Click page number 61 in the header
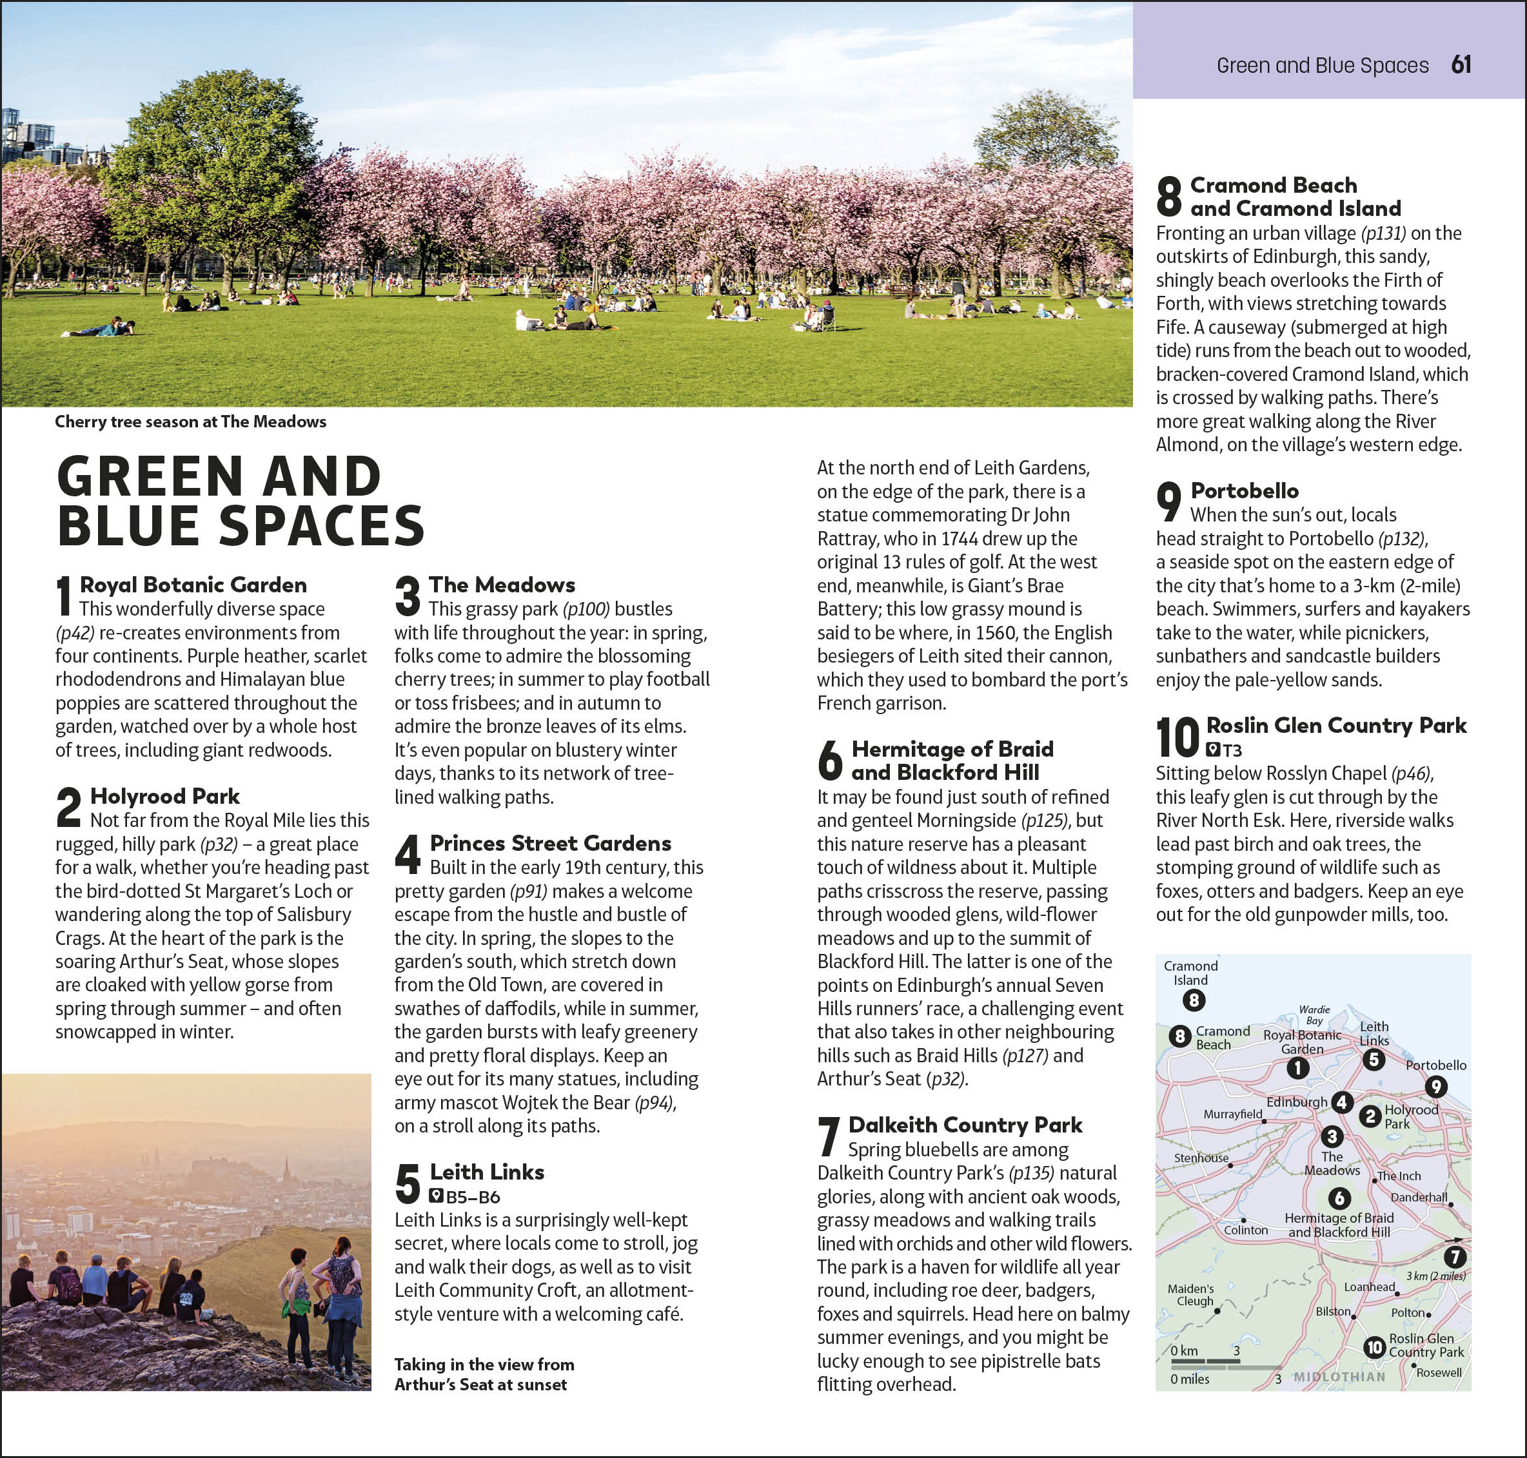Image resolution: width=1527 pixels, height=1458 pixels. click(1461, 64)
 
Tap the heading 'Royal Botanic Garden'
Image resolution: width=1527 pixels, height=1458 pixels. click(193, 585)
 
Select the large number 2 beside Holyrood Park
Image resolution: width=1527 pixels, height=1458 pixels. click(68, 807)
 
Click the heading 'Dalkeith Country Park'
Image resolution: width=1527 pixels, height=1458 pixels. click(965, 1125)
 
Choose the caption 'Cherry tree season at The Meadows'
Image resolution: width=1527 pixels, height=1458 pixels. click(190, 422)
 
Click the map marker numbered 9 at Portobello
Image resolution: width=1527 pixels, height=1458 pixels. click(1435, 1087)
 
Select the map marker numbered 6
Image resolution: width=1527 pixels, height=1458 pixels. click(1339, 1198)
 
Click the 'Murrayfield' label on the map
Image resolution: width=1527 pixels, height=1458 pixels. click(1232, 1114)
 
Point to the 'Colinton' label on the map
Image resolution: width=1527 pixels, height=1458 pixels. click(1246, 1230)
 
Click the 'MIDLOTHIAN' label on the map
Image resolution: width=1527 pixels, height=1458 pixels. click(1339, 1376)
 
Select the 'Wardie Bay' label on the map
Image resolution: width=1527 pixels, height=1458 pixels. click(1315, 1015)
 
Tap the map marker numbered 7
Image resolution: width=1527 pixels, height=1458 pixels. click(1455, 1257)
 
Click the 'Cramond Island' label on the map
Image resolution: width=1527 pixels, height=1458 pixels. click(1190, 972)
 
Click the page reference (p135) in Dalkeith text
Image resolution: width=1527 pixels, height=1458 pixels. click(1031, 1172)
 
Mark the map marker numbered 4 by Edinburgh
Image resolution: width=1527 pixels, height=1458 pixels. click(1342, 1102)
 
